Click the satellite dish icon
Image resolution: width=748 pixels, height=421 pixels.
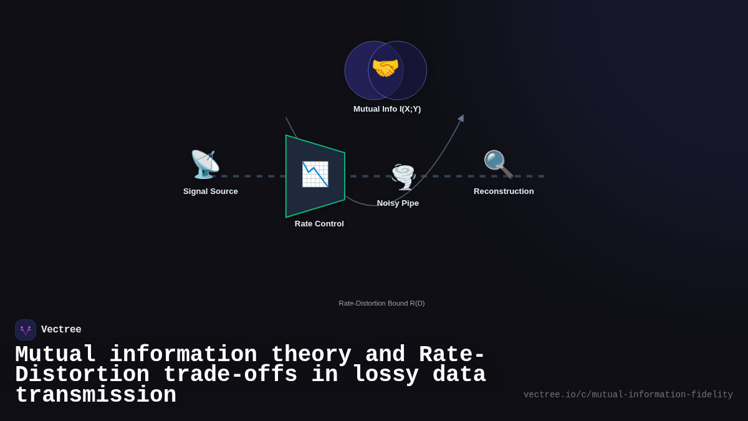point(205,165)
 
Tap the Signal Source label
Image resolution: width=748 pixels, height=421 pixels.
point(211,191)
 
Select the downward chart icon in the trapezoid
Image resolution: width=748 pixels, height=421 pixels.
point(315,174)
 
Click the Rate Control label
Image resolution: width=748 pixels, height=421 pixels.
point(319,224)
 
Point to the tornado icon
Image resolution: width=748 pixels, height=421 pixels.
point(403,177)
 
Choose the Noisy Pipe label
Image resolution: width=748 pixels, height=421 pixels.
point(398,203)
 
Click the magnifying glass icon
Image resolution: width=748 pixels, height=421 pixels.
point(498,164)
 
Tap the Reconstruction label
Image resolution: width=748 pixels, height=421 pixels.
point(504,191)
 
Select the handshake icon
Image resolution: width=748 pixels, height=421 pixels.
point(385,68)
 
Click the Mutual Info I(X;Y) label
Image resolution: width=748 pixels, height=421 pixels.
point(387,109)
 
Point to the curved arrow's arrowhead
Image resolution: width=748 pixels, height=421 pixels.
point(461,118)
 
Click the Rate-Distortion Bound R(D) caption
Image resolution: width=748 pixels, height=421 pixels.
point(381,303)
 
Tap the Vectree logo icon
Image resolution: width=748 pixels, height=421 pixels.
point(26,330)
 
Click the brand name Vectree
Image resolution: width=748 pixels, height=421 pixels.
point(61,330)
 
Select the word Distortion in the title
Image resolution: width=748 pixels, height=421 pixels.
point(82,375)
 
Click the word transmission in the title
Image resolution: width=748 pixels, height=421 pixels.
point(95,395)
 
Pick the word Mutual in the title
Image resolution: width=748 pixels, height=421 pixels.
point(55,355)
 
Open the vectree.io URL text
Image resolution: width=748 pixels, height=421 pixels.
point(628,395)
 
